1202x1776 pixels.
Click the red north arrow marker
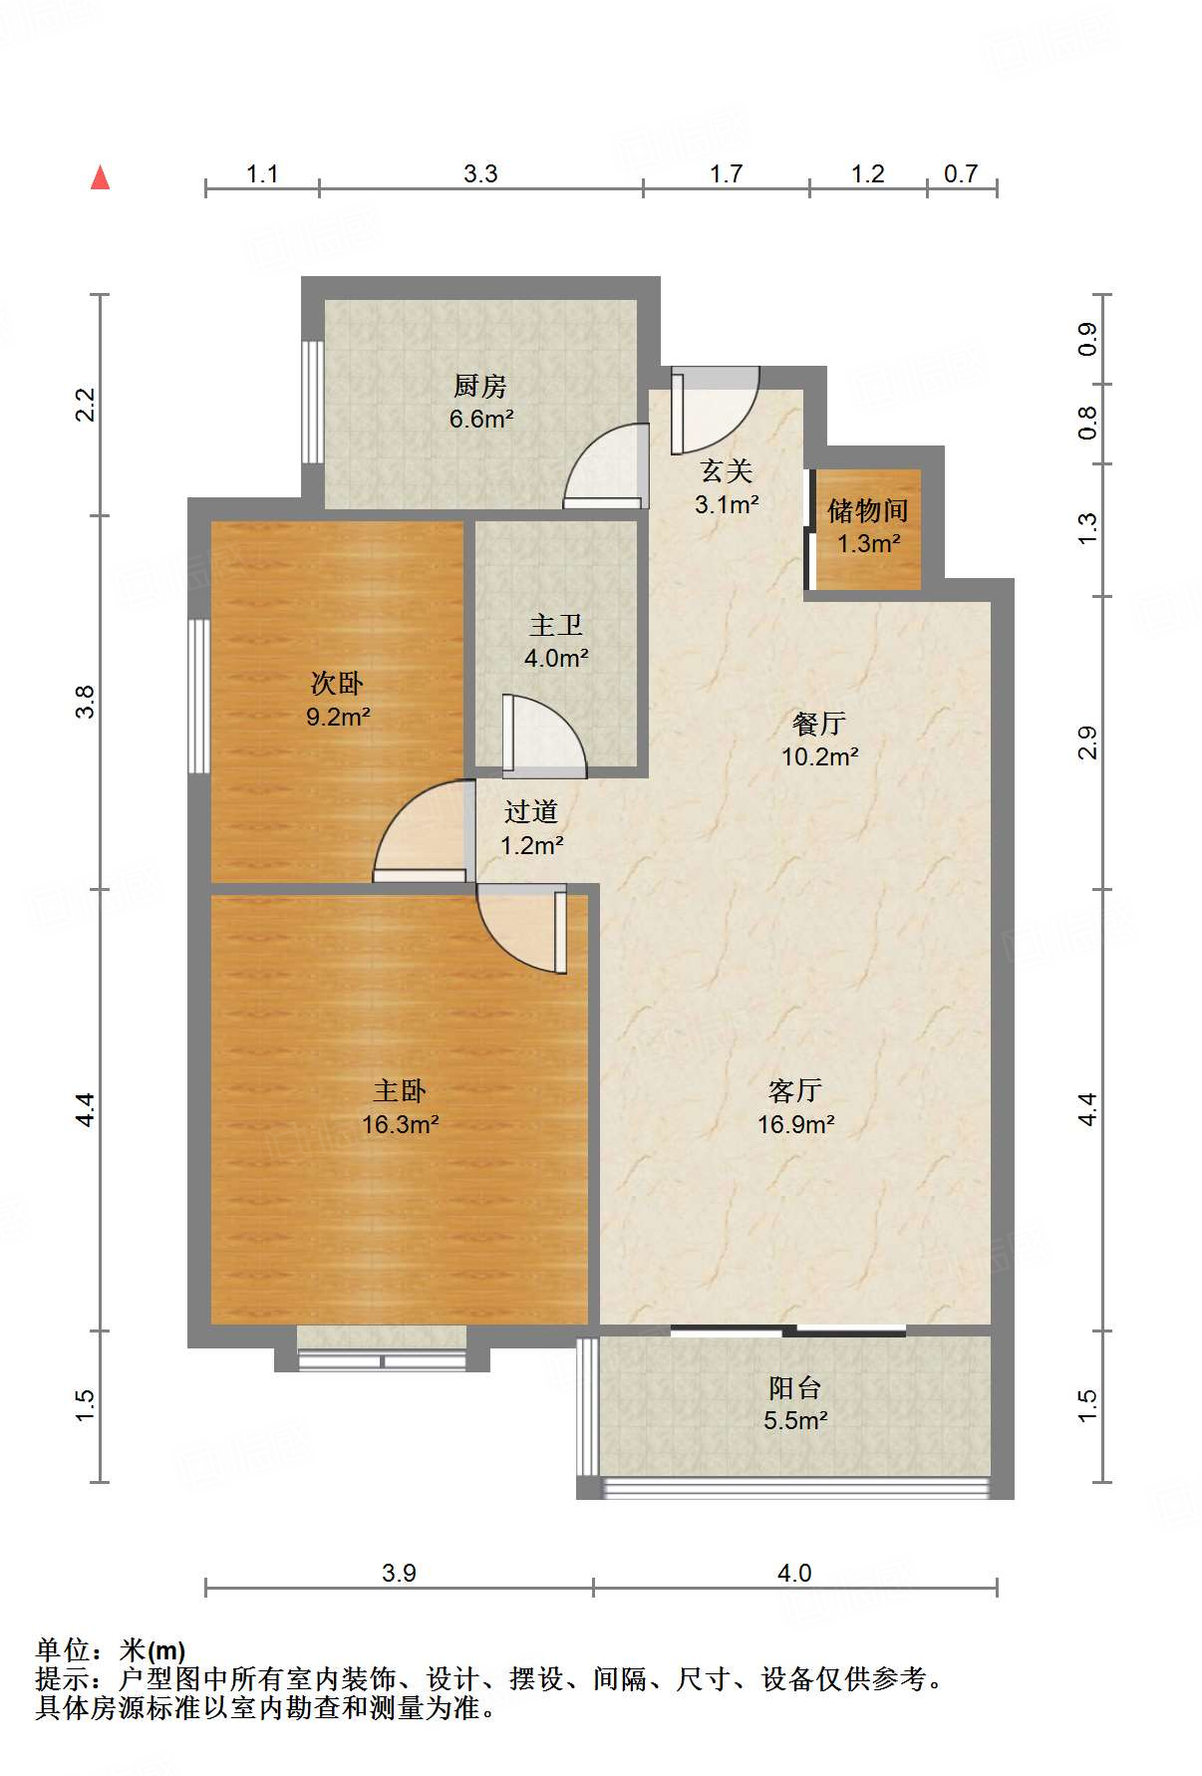(x=100, y=177)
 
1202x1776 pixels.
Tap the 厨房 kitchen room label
(x=480, y=386)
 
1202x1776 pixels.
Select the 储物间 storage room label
(x=867, y=511)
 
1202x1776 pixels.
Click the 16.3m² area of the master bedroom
(x=401, y=1125)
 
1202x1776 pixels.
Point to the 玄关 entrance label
(x=727, y=470)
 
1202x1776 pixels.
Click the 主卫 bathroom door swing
(x=541, y=736)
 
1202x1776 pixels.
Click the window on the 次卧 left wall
(x=199, y=696)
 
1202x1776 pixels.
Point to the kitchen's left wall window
(x=313, y=402)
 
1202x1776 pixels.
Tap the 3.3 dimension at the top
(x=480, y=174)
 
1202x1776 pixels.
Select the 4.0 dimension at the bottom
(x=794, y=1573)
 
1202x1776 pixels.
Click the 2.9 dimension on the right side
(x=1087, y=742)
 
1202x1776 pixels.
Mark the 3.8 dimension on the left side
(x=86, y=702)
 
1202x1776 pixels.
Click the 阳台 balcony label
(x=794, y=1387)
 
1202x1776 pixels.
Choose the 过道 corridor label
(x=531, y=812)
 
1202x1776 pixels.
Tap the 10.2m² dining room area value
(x=819, y=757)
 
